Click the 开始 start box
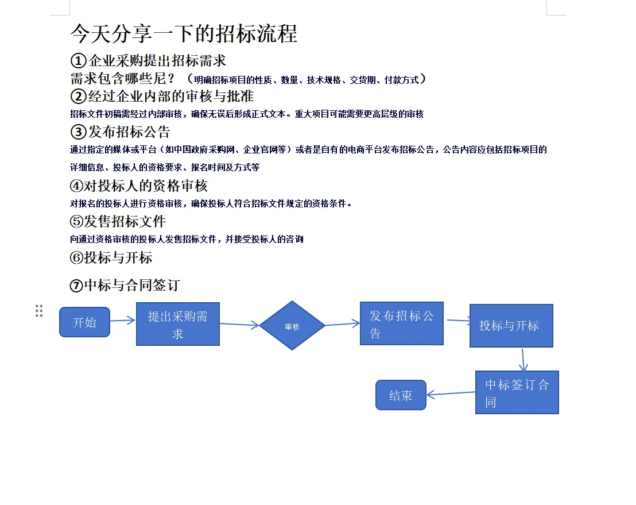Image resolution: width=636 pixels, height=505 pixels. (84, 322)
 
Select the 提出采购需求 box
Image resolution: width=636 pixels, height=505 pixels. (178, 324)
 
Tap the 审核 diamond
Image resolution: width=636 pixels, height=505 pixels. (292, 326)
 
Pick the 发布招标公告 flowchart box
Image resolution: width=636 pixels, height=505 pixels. (401, 323)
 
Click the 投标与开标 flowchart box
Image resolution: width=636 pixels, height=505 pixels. (511, 326)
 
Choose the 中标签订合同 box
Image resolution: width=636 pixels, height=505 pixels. (517, 392)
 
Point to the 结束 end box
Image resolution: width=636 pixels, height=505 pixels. (401, 395)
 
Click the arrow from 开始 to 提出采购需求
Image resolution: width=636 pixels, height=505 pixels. (122, 321)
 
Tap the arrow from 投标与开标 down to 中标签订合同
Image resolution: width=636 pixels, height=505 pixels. (523, 359)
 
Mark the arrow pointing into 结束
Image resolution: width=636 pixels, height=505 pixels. (451, 394)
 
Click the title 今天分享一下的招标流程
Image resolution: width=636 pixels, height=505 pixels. (184, 34)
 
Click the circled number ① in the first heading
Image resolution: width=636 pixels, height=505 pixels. (78, 60)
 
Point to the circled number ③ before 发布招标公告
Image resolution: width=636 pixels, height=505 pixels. (78, 132)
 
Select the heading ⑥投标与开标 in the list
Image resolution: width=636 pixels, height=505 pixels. (111, 257)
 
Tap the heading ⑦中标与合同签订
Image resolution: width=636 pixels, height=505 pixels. (125, 285)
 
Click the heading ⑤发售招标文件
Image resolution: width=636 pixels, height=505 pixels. (118, 221)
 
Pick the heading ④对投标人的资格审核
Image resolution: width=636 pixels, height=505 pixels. (138, 186)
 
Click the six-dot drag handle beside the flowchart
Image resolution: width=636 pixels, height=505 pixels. (39, 311)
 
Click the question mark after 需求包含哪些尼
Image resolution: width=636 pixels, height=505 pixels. (170, 79)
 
